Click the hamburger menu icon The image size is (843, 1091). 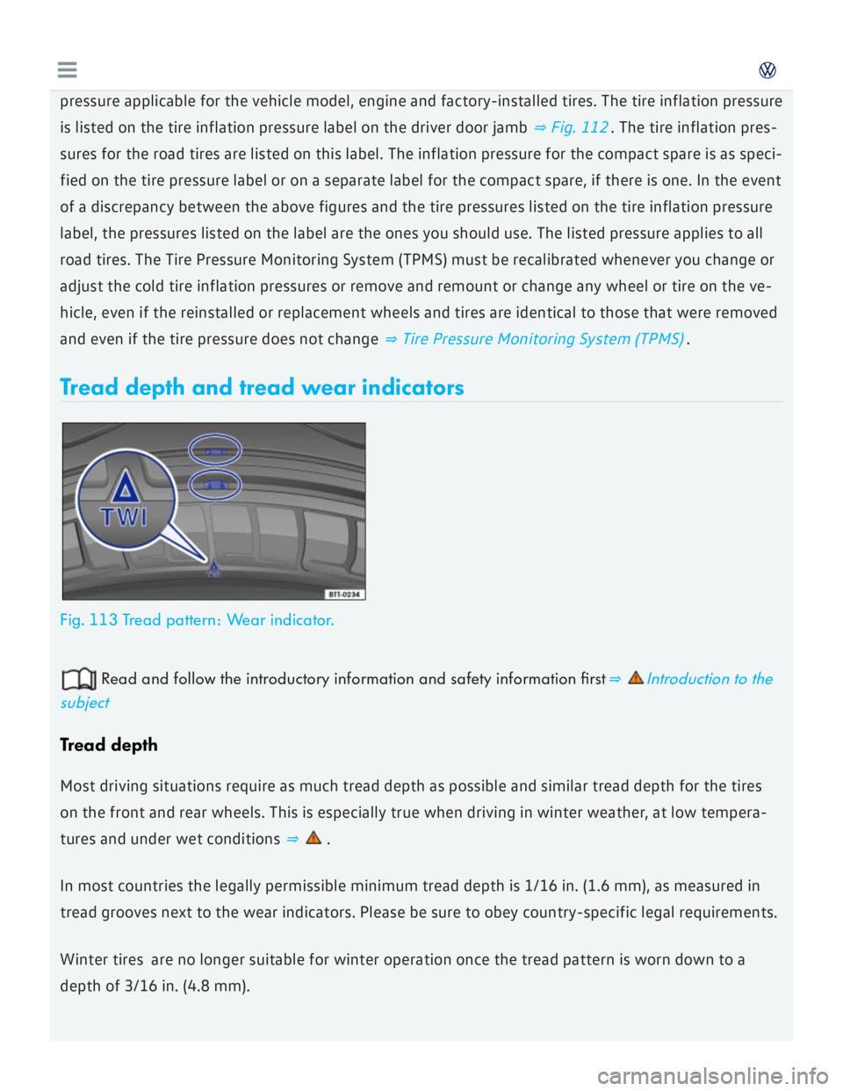coord(67,70)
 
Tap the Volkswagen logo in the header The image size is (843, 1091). coord(767,70)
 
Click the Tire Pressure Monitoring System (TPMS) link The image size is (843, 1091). coord(542,339)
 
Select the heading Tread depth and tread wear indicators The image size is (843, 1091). coord(262,387)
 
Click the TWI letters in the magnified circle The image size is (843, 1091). coord(124,517)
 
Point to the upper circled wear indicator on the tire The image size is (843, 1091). coord(216,452)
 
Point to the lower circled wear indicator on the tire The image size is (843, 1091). coord(216,483)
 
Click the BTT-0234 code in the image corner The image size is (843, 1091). coord(343,594)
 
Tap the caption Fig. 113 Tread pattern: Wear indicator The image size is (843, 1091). coord(197,620)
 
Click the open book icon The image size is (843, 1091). coord(78,679)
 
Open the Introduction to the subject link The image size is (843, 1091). coord(709,679)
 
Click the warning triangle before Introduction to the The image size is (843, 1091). coord(636,678)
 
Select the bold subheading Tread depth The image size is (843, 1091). coord(109,745)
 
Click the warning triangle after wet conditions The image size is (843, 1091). coord(313,838)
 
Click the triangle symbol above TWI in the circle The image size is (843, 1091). coord(126,485)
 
